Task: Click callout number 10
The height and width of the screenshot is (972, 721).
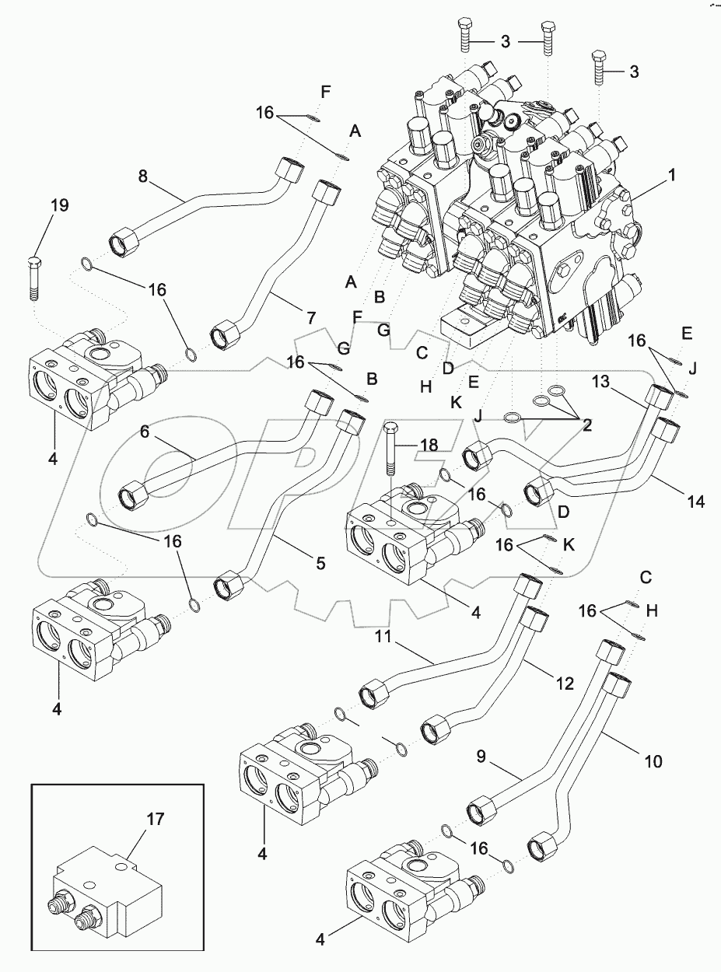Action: click(653, 761)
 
